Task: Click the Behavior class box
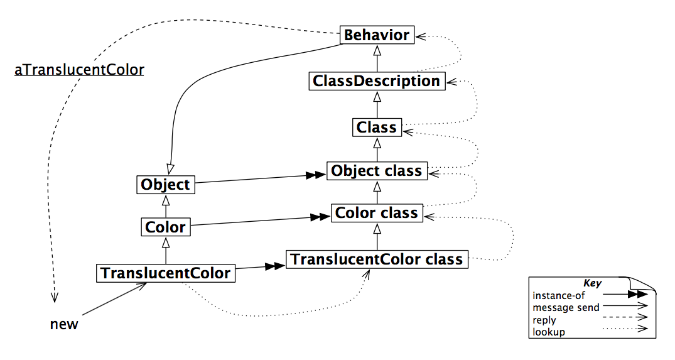point(377,35)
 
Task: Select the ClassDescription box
point(377,81)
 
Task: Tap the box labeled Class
point(377,128)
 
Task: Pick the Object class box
point(377,171)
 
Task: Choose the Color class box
point(377,213)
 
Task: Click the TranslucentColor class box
point(377,259)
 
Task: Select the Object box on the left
point(165,185)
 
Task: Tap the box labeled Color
point(165,227)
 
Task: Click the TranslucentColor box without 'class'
point(166,273)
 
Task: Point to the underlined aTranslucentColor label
point(79,70)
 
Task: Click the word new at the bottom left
point(64,324)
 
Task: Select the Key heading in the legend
point(592,283)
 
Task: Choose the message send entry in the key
point(565,307)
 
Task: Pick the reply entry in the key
point(544,320)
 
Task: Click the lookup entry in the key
point(548,332)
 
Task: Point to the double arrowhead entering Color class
point(321,217)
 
